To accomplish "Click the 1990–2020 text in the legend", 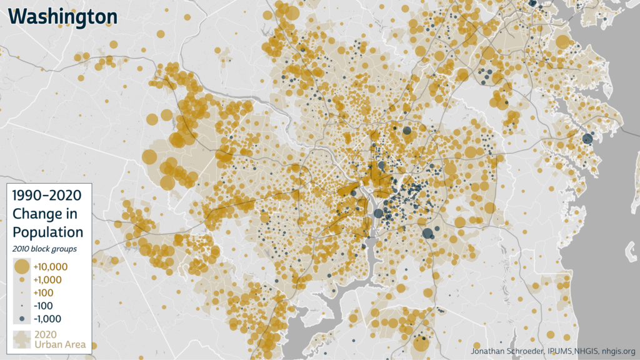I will click(47, 195).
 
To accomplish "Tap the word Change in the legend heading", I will click(37, 213).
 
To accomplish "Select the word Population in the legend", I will click(47, 232).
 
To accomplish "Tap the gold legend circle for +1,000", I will click(21, 280).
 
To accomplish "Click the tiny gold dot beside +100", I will click(21, 292).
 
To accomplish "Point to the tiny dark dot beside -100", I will click(21, 306).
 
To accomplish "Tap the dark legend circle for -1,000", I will click(21, 319).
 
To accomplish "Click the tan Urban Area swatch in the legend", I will click(21, 339).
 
